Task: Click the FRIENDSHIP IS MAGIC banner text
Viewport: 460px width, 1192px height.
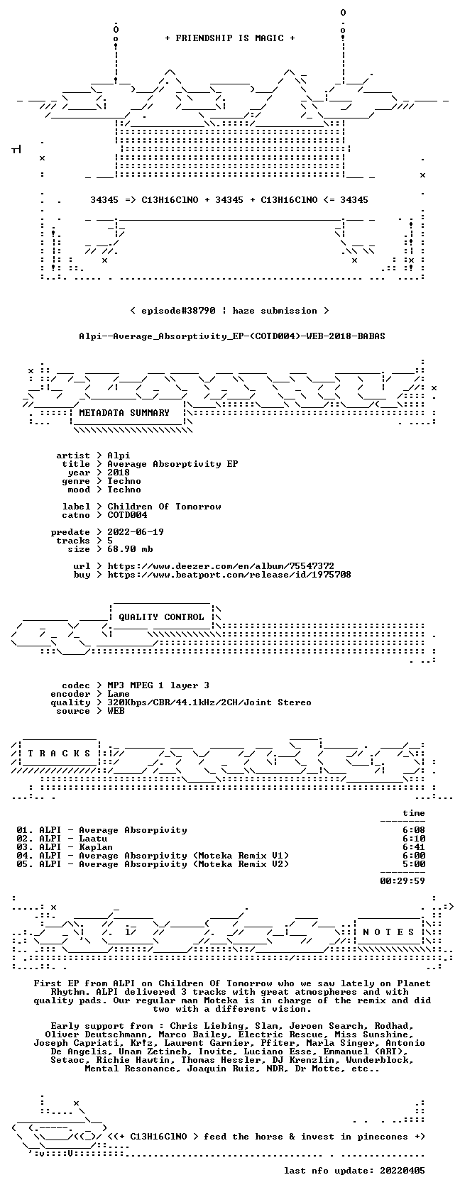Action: click(x=230, y=38)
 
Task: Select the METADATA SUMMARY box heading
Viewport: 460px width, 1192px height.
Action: click(x=124, y=413)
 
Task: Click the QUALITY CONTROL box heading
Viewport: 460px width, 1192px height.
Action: click(x=161, y=617)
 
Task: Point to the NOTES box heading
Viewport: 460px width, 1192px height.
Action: click(x=389, y=932)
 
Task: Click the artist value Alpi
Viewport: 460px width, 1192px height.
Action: click(x=119, y=456)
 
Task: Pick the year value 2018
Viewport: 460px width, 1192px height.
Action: click(x=119, y=473)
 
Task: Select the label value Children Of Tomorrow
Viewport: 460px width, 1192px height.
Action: click(x=164, y=507)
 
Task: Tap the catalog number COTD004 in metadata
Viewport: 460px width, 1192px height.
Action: click(x=127, y=515)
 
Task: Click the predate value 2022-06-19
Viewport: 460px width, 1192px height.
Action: click(x=136, y=532)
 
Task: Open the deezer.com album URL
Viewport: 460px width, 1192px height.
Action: click(x=221, y=566)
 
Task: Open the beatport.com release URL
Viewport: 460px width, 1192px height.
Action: click(x=229, y=575)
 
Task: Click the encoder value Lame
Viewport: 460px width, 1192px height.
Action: click(x=119, y=694)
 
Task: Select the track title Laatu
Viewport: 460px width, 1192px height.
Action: click(x=93, y=839)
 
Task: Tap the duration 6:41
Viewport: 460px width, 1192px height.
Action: click(x=414, y=847)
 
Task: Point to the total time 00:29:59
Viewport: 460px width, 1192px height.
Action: click(x=402, y=881)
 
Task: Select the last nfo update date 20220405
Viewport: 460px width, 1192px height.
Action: click(x=402, y=1171)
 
